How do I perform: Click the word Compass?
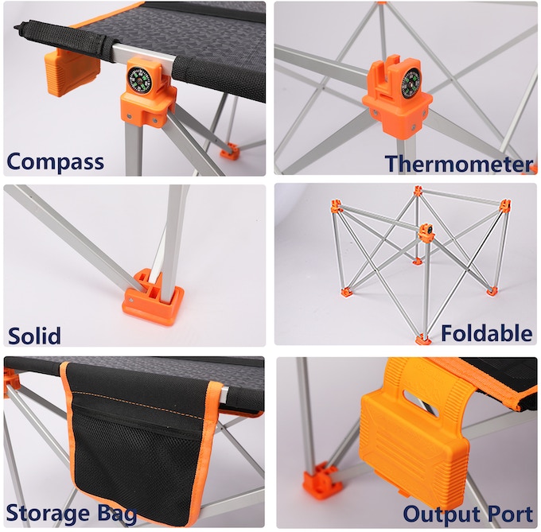pos(56,161)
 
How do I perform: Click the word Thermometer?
pos(459,164)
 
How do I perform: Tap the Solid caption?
pos(34,335)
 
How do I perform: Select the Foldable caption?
pos(487,333)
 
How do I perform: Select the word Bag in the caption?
pos(117,513)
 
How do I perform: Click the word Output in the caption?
pos(436,513)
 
